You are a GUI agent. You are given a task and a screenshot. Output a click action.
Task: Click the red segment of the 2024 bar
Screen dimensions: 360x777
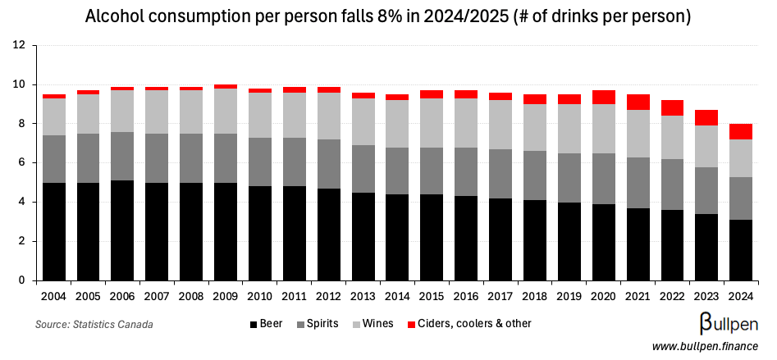[x=741, y=131]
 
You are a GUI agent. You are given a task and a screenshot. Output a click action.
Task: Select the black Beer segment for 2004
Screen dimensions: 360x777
[x=54, y=231]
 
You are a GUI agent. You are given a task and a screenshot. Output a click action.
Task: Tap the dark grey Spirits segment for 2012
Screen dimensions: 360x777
[x=329, y=164]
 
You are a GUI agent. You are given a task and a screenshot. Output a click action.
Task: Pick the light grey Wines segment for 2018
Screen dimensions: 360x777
[x=535, y=127]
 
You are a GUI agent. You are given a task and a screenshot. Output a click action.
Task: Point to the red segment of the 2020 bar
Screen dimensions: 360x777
[x=603, y=97]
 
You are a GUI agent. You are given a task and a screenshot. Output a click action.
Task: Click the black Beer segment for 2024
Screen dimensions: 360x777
[x=741, y=250]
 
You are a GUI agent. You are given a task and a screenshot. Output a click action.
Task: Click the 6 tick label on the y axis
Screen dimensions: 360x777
[x=22, y=163]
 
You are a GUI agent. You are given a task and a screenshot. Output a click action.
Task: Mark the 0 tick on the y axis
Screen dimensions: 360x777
[x=22, y=280]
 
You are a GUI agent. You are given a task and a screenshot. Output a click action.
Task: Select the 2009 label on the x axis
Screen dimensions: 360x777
[x=226, y=295]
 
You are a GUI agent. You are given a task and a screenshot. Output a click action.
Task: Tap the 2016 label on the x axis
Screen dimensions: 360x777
[x=466, y=295]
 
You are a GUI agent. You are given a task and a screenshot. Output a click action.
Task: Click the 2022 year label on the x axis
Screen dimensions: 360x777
[x=672, y=295]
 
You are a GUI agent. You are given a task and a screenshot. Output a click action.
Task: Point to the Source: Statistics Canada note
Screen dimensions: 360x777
[x=94, y=325]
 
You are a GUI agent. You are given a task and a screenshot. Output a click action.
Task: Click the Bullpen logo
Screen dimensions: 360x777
[x=721, y=322]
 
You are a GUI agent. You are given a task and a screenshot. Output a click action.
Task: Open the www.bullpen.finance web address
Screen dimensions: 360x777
[x=705, y=347]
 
